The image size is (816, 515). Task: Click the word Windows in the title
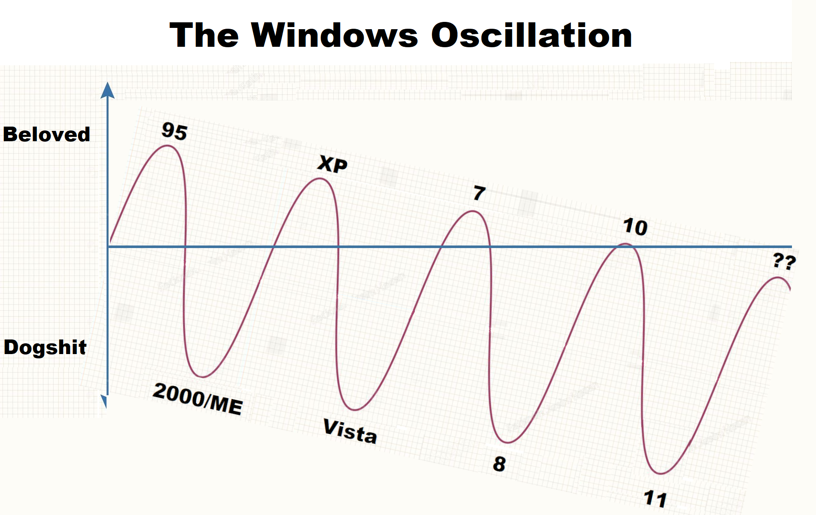click(x=335, y=35)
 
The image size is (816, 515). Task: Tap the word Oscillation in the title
click(x=532, y=35)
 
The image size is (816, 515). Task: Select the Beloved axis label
click(x=46, y=134)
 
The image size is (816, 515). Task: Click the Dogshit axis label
click(x=45, y=347)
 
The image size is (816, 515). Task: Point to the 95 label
click(x=174, y=131)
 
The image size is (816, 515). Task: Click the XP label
click(x=332, y=164)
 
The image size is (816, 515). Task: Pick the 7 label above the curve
click(x=479, y=193)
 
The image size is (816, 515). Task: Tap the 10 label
click(x=635, y=227)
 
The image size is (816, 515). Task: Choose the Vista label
click(x=350, y=431)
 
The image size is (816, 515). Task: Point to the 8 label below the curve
click(x=499, y=464)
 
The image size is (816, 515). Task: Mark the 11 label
click(x=655, y=499)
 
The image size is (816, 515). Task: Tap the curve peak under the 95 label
click(x=167, y=146)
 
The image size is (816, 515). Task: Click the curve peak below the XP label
click(x=320, y=179)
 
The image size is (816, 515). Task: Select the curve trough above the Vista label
click(x=355, y=409)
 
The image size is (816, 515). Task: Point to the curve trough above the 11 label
click(x=661, y=473)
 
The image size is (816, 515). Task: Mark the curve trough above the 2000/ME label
click(x=202, y=377)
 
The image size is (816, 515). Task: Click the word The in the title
click(x=204, y=35)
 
